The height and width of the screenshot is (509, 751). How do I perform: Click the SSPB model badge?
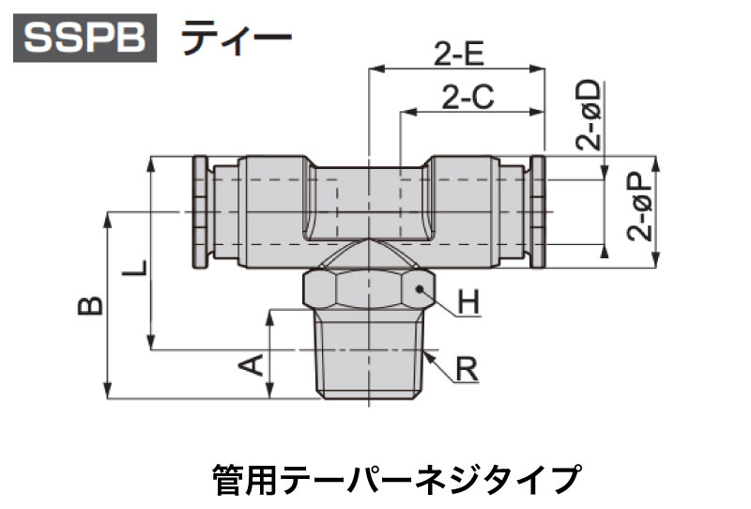(x=84, y=38)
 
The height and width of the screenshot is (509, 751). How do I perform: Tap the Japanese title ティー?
(x=237, y=38)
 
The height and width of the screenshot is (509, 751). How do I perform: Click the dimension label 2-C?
(x=467, y=97)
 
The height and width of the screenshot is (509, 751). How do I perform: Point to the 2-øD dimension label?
(x=589, y=115)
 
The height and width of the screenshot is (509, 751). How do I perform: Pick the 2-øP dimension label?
(x=640, y=207)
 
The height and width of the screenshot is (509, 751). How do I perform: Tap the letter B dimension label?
(x=90, y=305)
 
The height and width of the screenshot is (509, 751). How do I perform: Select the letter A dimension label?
(x=251, y=365)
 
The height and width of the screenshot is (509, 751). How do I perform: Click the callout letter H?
(x=468, y=303)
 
